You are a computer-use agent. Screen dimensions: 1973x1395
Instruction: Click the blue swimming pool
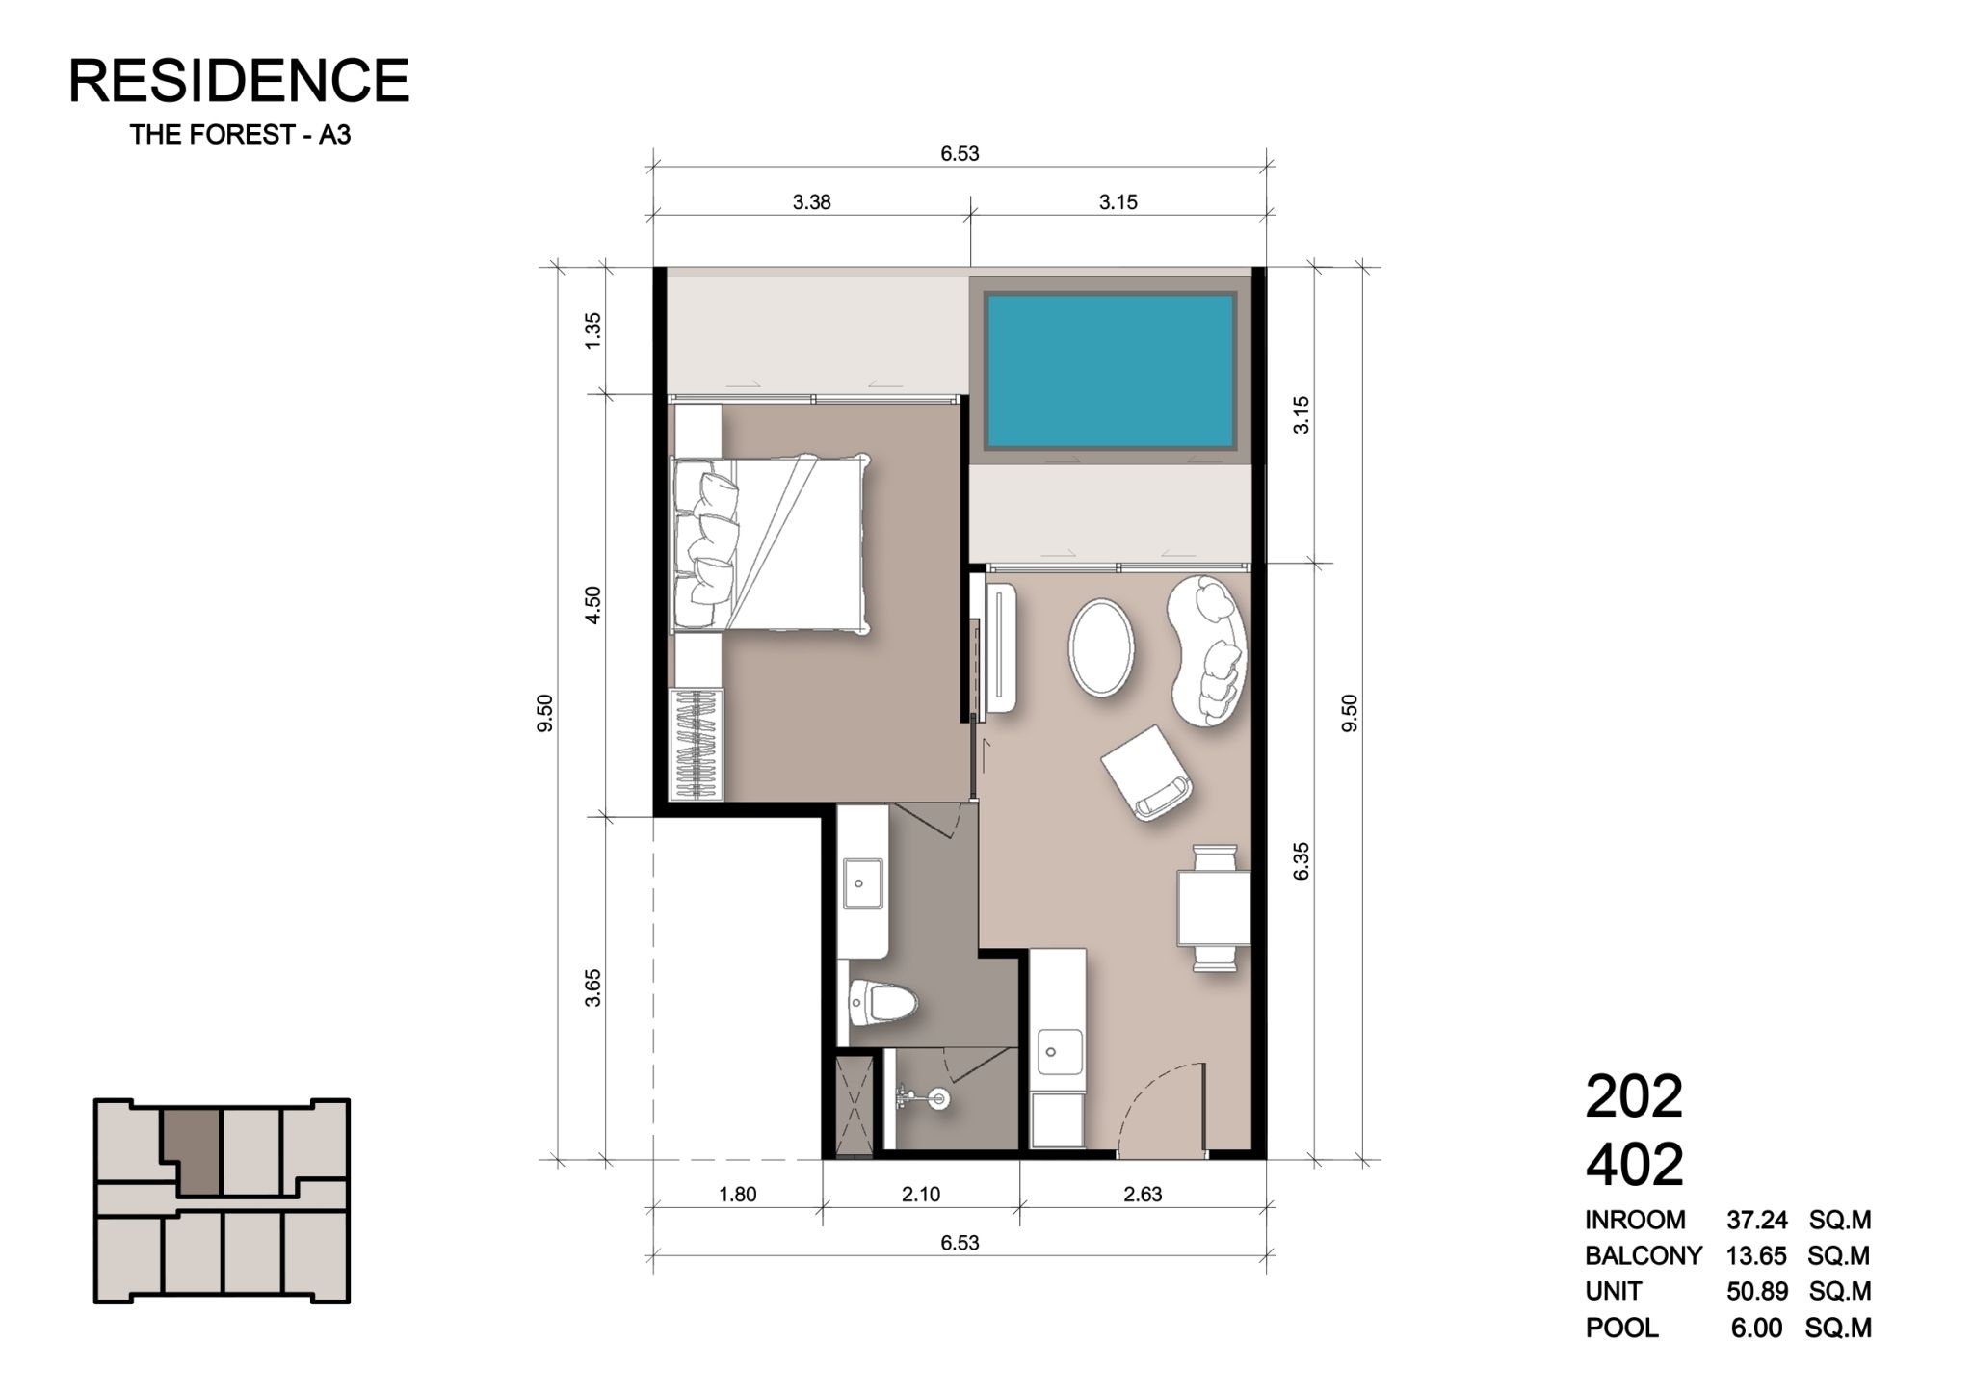click(1110, 372)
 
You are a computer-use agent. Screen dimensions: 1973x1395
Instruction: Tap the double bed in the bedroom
click(771, 544)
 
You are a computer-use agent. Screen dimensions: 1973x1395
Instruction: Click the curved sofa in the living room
click(1207, 651)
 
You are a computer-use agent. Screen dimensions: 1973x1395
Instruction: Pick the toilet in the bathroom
click(881, 1006)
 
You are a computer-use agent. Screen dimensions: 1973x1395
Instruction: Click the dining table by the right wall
click(1214, 908)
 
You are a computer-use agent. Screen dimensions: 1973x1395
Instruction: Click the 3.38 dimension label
click(811, 202)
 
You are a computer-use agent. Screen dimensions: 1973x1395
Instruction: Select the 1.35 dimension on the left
click(593, 330)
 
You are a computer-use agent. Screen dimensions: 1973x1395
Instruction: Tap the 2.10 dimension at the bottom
click(921, 1195)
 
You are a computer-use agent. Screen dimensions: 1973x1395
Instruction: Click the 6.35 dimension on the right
click(1302, 860)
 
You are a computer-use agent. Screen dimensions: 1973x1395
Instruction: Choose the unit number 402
click(1635, 1164)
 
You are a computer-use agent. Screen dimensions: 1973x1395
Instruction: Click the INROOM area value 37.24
click(1757, 1221)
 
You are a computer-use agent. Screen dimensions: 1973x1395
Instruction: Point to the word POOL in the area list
click(1622, 1329)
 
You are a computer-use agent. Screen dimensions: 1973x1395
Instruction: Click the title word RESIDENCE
click(239, 80)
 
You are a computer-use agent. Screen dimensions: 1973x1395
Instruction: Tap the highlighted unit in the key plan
click(191, 1151)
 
